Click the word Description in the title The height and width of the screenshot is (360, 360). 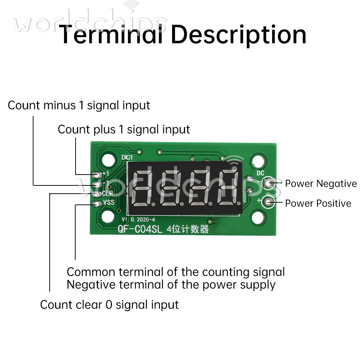pyautogui.click(x=238, y=35)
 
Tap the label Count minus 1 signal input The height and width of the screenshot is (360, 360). pyautogui.click(x=79, y=105)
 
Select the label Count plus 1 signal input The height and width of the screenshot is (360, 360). pyautogui.click(x=124, y=129)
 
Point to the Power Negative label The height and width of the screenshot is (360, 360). pyautogui.click(x=321, y=184)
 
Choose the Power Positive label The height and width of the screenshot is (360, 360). pyautogui.click(x=318, y=203)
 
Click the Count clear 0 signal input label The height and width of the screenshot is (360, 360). pyautogui.click(x=109, y=305)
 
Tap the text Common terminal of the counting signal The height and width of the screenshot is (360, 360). pyautogui.click(x=176, y=272)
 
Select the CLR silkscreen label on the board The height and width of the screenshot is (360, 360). pyautogui.click(x=107, y=194)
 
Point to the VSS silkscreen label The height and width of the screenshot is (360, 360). pyautogui.click(x=108, y=202)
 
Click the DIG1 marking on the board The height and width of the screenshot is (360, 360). pyautogui.click(x=127, y=157)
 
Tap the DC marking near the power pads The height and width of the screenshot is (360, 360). pyautogui.click(x=260, y=173)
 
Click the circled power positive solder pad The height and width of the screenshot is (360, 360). pyautogui.click(x=269, y=203)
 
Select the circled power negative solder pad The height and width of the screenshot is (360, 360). pyautogui.click(x=268, y=183)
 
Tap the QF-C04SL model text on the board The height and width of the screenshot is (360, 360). pyautogui.click(x=141, y=229)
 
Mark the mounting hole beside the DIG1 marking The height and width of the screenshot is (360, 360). pyautogui.click(x=108, y=159)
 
